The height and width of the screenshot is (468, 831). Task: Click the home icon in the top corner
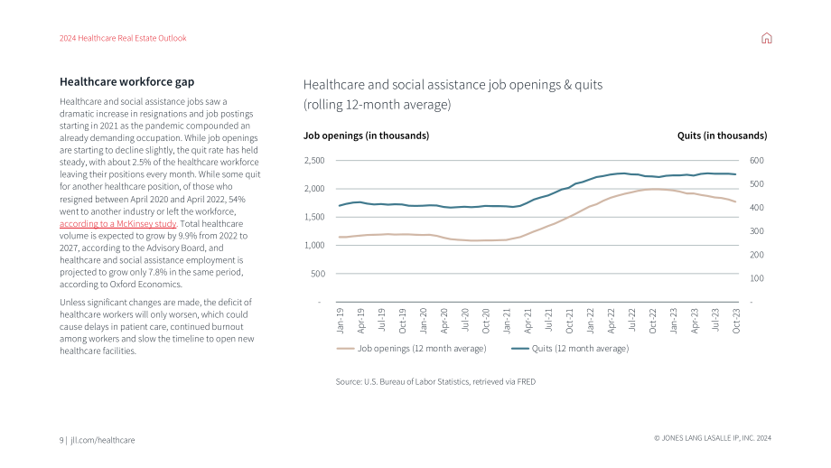click(766, 38)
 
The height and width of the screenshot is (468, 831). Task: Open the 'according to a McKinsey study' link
click(117, 224)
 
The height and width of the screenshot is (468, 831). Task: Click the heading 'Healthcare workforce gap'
click(126, 81)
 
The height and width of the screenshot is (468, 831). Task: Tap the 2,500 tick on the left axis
click(314, 160)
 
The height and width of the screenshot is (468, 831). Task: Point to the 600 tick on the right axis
click(757, 160)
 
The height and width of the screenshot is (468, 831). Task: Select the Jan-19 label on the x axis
click(341, 321)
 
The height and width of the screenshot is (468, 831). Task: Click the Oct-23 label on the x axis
click(736, 321)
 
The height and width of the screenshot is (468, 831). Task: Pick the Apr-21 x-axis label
click(528, 321)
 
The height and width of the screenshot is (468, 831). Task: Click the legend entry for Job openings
click(411, 348)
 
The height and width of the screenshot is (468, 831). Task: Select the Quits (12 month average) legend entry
click(570, 348)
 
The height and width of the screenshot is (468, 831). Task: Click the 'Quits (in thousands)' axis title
click(722, 136)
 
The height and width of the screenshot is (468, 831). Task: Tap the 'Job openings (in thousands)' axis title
click(366, 136)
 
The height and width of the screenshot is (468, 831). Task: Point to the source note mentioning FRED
click(435, 381)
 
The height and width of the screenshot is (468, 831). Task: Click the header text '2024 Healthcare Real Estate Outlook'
click(123, 38)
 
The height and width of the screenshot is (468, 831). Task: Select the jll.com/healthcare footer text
click(103, 440)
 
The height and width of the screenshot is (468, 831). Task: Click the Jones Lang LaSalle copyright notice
click(713, 438)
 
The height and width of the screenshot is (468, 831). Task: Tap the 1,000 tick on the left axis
click(314, 245)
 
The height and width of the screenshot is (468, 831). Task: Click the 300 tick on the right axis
click(757, 231)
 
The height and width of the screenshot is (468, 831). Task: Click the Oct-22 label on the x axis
click(653, 321)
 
